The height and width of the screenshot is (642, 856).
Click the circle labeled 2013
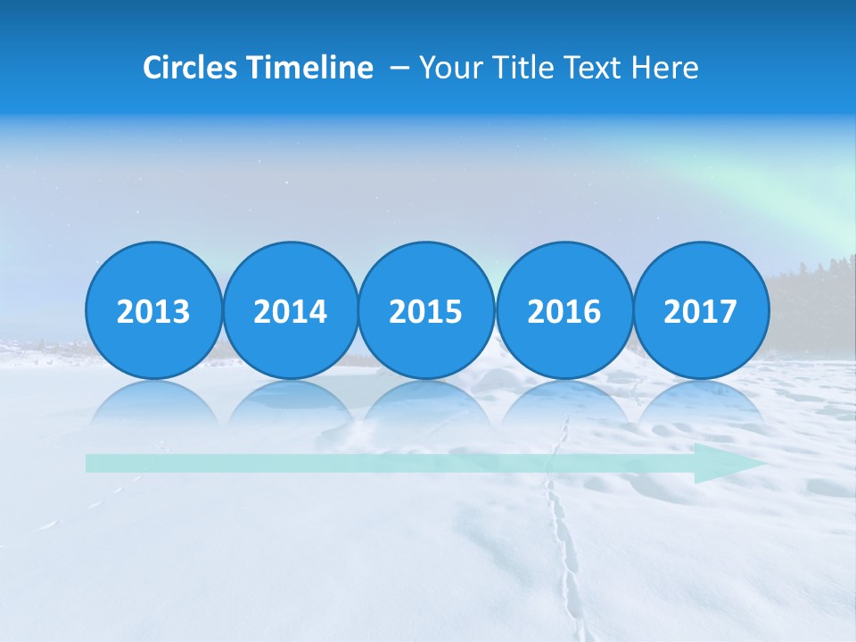[153, 311]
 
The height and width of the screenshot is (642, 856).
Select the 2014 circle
[290, 311]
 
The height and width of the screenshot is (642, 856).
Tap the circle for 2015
[426, 311]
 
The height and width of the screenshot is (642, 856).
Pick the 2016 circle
[564, 311]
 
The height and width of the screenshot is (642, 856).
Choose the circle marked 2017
[700, 311]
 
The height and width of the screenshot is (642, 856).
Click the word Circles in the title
[190, 68]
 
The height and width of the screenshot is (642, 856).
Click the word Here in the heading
[665, 68]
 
